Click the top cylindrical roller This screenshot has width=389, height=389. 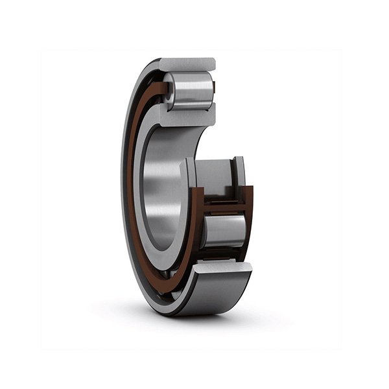point(192,91)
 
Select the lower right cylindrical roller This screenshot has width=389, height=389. point(224,231)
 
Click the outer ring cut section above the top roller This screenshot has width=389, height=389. point(187,64)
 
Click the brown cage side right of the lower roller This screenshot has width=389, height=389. point(249,227)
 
